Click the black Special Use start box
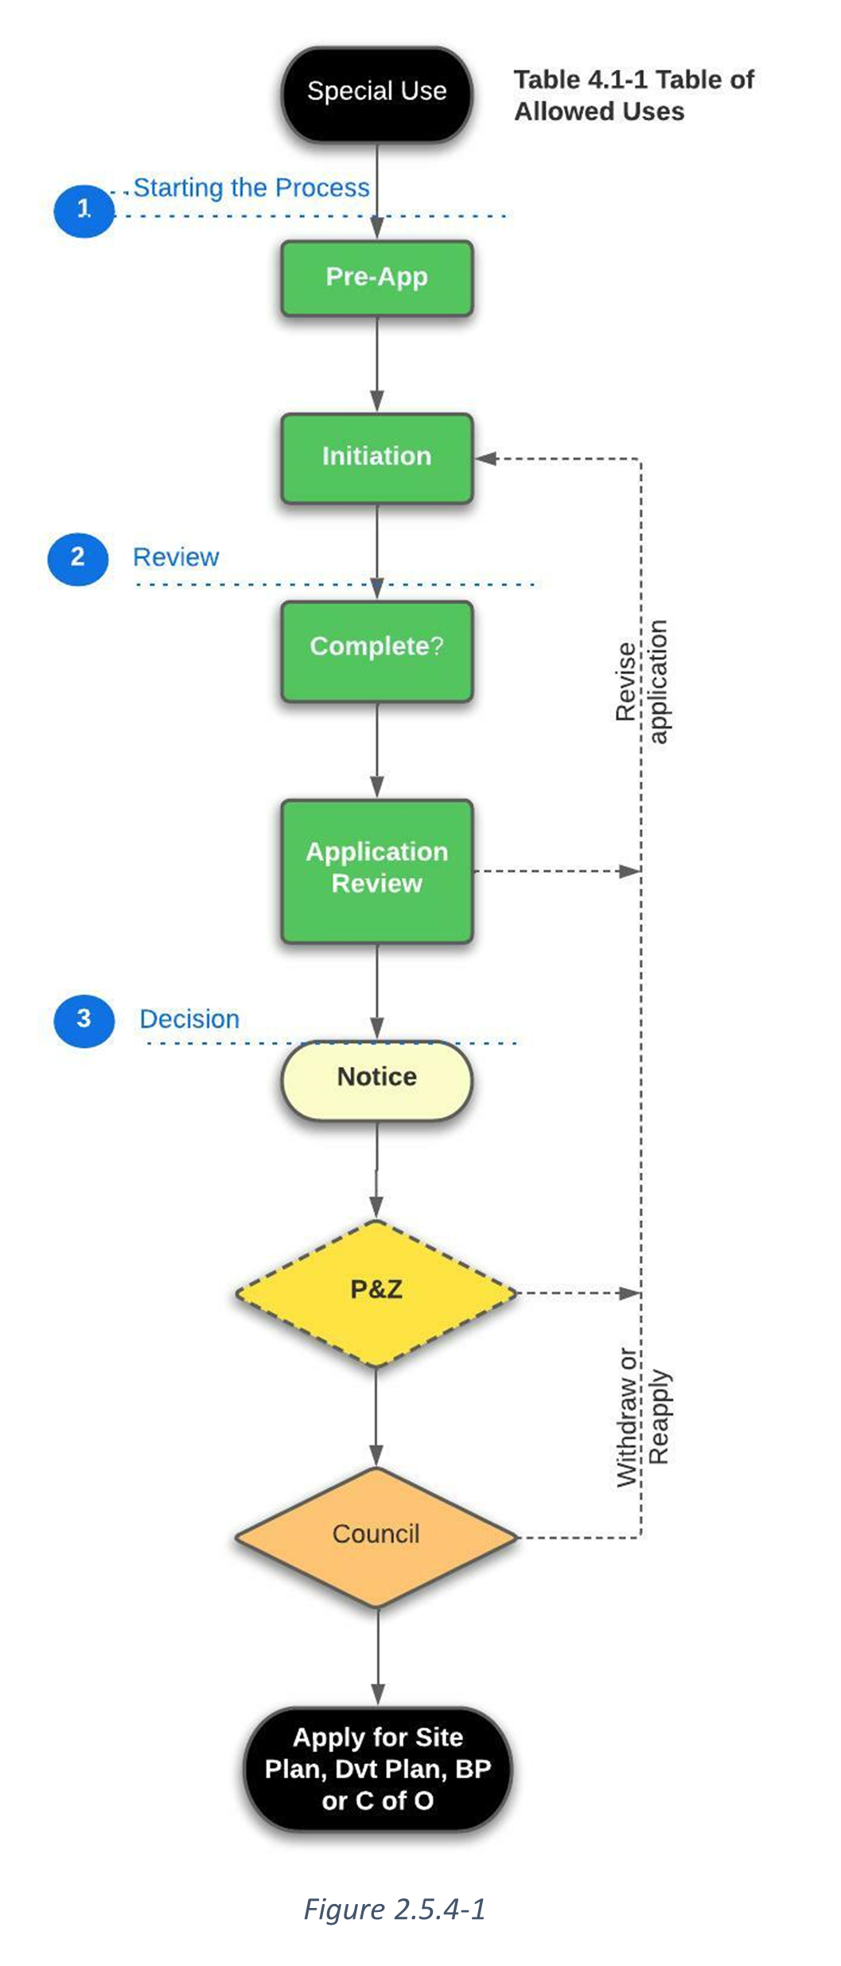pyautogui.click(x=376, y=94)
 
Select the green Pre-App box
pyautogui.click(x=376, y=277)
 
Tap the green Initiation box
pyautogui.click(x=376, y=457)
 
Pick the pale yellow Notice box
pyautogui.click(x=376, y=1078)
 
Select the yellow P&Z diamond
pyautogui.click(x=376, y=1291)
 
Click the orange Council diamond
pyautogui.click(x=376, y=1536)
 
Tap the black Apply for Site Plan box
pyautogui.click(x=377, y=1770)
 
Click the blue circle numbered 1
pyautogui.click(x=84, y=210)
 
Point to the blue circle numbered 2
pyautogui.click(x=77, y=558)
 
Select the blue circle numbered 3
pyautogui.click(x=84, y=1019)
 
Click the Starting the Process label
pyautogui.click(x=251, y=188)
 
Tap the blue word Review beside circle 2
pyautogui.click(x=175, y=558)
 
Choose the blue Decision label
pyautogui.click(x=189, y=1020)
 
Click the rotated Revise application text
pyautogui.click(x=641, y=682)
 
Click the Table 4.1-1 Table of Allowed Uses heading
pyautogui.click(x=633, y=95)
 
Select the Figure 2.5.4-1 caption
pyautogui.click(x=395, y=1910)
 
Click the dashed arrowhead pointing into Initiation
pyautogui.click(x=486, y=459)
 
